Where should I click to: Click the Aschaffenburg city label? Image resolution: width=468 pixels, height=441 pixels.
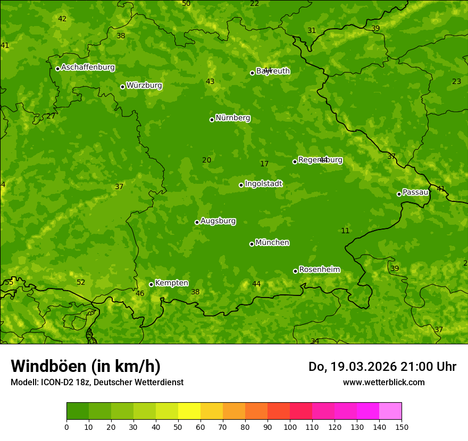point(88,67)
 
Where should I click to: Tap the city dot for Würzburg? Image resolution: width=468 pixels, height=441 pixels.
point(122,87)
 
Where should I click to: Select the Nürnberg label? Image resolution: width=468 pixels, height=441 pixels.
point(233,118)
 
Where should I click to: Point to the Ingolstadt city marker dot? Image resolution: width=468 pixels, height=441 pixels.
point(241,185)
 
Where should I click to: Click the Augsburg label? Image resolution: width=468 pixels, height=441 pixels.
point(218,221)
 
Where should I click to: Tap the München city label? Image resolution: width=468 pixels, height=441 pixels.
point(272,243)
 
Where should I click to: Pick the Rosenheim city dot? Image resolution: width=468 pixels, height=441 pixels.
point(295,271)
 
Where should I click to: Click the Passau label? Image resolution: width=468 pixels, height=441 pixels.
point(415,192)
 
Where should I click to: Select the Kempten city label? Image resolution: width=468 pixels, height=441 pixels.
point(171,283)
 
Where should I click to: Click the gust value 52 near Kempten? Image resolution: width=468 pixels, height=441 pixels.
point(81,283)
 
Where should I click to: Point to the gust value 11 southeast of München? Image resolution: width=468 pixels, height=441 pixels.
point(345,231)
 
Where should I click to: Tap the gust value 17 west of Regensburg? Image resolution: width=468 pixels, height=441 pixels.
point(264,164)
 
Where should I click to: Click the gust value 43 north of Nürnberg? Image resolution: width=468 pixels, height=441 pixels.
point(210,81)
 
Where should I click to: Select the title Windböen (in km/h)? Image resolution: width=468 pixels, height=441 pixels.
point(86,366)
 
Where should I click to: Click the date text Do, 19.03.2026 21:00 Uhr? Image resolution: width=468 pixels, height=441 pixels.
point(382,367)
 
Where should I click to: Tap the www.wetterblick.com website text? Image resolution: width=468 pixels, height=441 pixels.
point(383,382)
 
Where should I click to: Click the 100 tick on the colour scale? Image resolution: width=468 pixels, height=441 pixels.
point(290,427)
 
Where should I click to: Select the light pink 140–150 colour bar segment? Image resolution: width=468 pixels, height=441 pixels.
point(390,411)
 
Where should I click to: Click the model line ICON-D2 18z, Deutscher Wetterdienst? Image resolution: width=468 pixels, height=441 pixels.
point(97,382)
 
